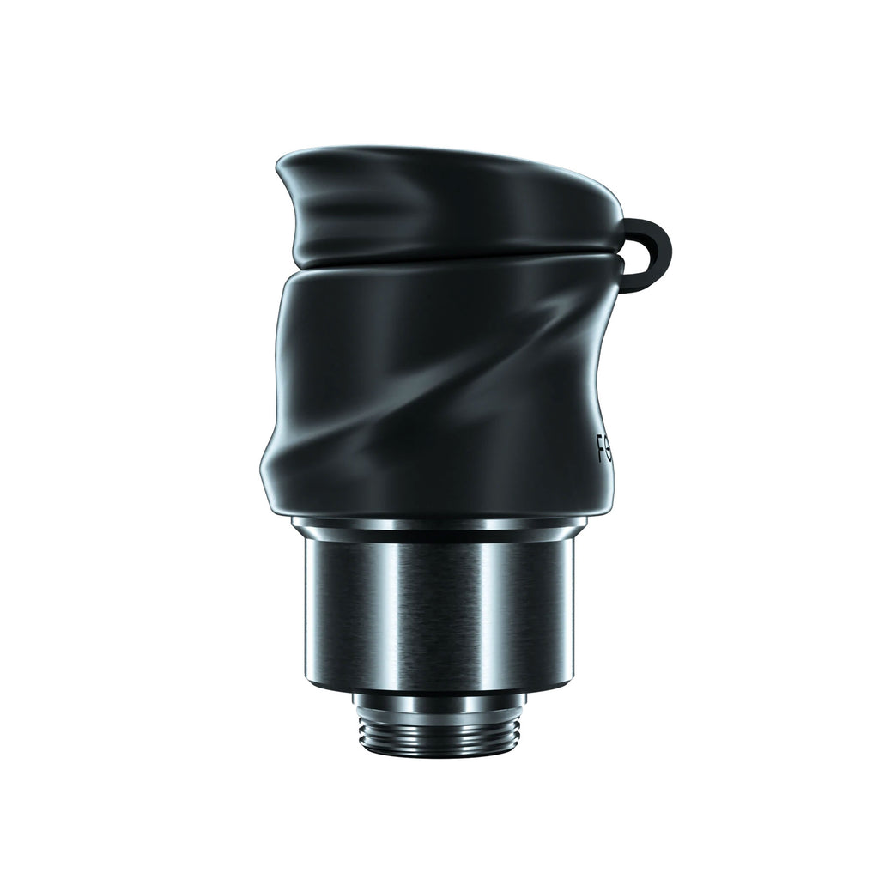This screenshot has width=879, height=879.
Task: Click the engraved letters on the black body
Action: [x=603, y=447]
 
